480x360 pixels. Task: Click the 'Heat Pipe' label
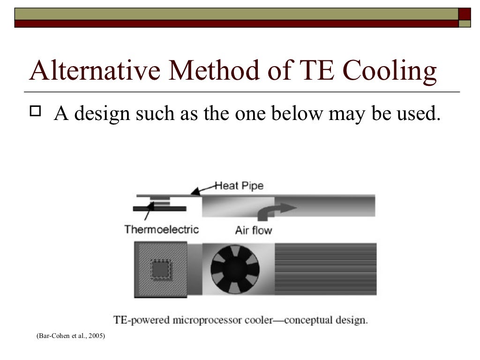pos(239,186)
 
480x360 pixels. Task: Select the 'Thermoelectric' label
pos(161,229)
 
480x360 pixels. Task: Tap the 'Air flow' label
pos(253,230)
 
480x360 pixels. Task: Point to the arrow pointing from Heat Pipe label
pos(203,189)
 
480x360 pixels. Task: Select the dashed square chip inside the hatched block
pos(160,270)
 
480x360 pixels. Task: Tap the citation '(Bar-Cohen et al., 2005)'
pos(71,336)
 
